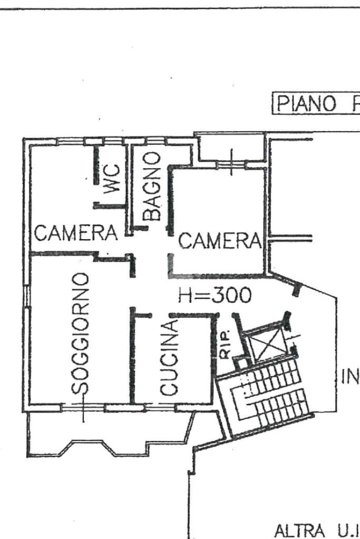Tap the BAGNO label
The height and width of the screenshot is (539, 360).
click(152, 185)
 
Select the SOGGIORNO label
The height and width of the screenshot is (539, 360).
click(81, 334)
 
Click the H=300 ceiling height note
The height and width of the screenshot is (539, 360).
click(215, 296)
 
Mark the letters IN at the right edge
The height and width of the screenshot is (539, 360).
click(351, 377)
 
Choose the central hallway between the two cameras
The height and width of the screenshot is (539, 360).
click(150, 263)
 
